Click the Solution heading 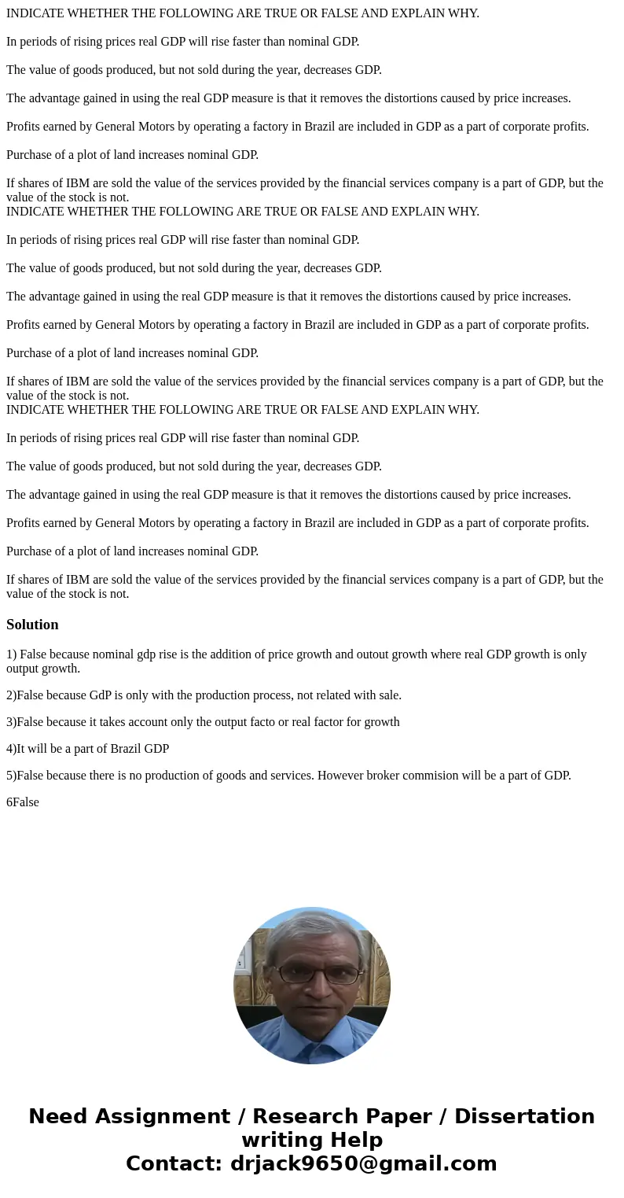[x=32, y=625]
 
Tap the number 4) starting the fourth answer [x=11, y=749]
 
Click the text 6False [x=23, y=802]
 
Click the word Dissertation [x=524, y=1117]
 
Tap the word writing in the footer [x=278, y=1141]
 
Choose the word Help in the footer [x=353, y=1141]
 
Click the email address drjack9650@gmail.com [x=364, y=1164]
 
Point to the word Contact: [x=174, y=1164]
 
